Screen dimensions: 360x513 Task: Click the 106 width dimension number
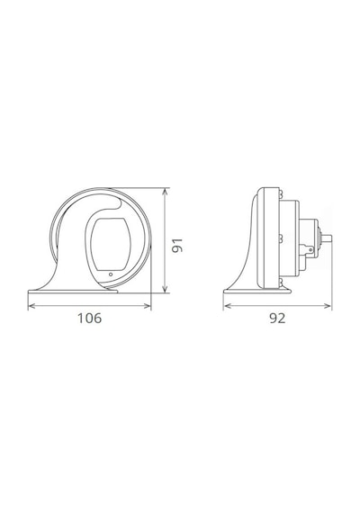coord(89,318)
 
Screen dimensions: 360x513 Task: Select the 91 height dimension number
coord(177,246)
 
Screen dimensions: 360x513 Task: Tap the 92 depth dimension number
coord(277,318)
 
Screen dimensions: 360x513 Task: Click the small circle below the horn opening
coord(111,274)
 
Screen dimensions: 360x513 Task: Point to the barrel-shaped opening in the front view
coord(111,244)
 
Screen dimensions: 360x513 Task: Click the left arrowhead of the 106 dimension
coord(31,306)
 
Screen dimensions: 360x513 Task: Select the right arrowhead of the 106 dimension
coord(148,306)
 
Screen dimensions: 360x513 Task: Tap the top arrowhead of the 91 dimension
coord(165,192)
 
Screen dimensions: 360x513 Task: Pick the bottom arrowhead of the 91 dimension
coord(165,289)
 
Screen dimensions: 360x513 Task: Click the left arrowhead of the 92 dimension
coord(227,306)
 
